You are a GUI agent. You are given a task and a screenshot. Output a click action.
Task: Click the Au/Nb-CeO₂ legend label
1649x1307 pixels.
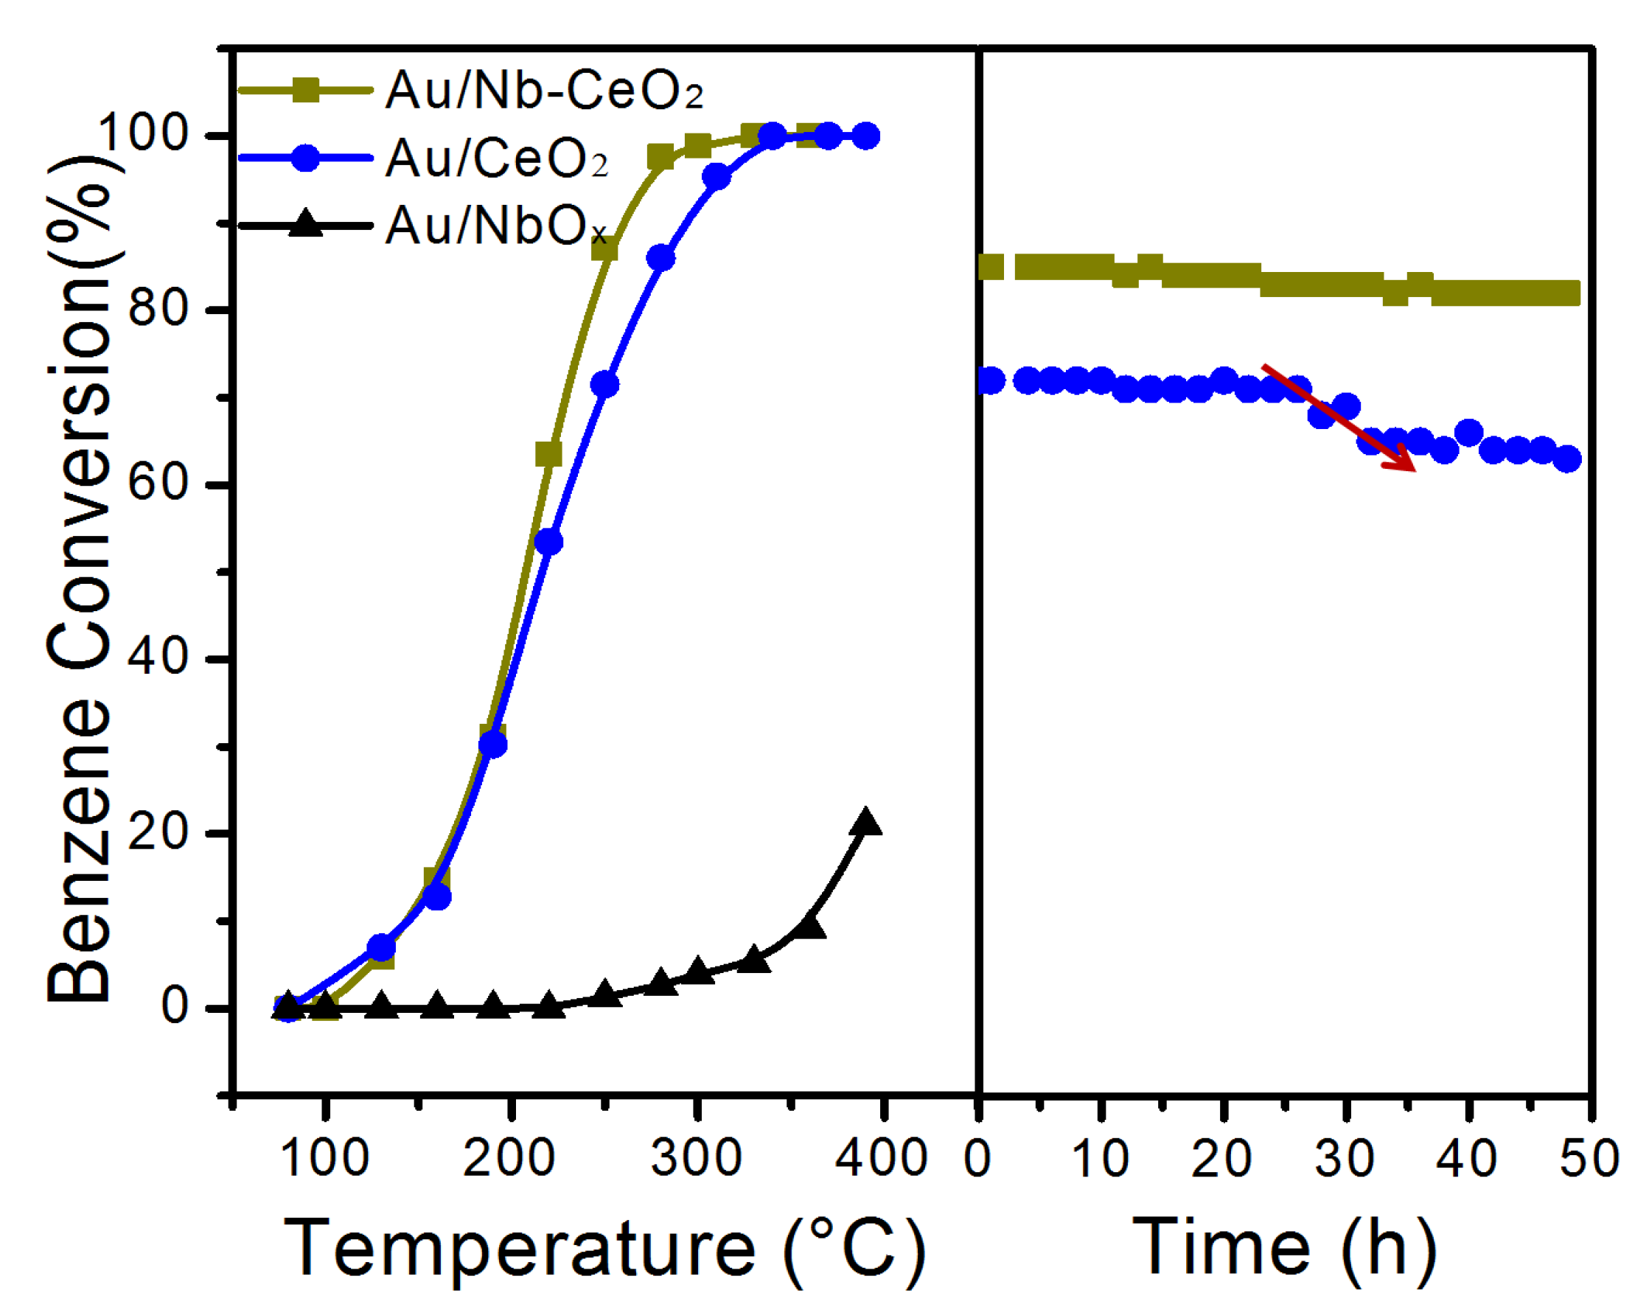tap(544, 91)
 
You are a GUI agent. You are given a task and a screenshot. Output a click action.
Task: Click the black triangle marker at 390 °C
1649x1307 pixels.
tap(866, 823)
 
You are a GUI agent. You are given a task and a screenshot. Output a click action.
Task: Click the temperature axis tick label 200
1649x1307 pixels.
tap(509, 1158)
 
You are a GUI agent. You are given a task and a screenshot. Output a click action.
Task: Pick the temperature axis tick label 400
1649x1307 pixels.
tap(881, 1158)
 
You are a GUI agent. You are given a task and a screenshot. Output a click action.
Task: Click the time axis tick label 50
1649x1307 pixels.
tap(1589, 1158)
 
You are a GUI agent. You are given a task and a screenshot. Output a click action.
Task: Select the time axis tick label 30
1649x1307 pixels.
tap(1345, 1158)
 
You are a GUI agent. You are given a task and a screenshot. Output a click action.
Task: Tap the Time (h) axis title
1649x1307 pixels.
tap(1285, 1248)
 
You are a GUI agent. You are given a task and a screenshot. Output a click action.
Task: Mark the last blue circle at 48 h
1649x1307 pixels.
tap(1567, 459)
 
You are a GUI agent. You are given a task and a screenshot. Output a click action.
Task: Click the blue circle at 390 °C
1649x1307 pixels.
tap(866, 136)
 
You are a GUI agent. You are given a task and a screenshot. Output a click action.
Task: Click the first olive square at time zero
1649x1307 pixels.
tap(991, 267)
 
